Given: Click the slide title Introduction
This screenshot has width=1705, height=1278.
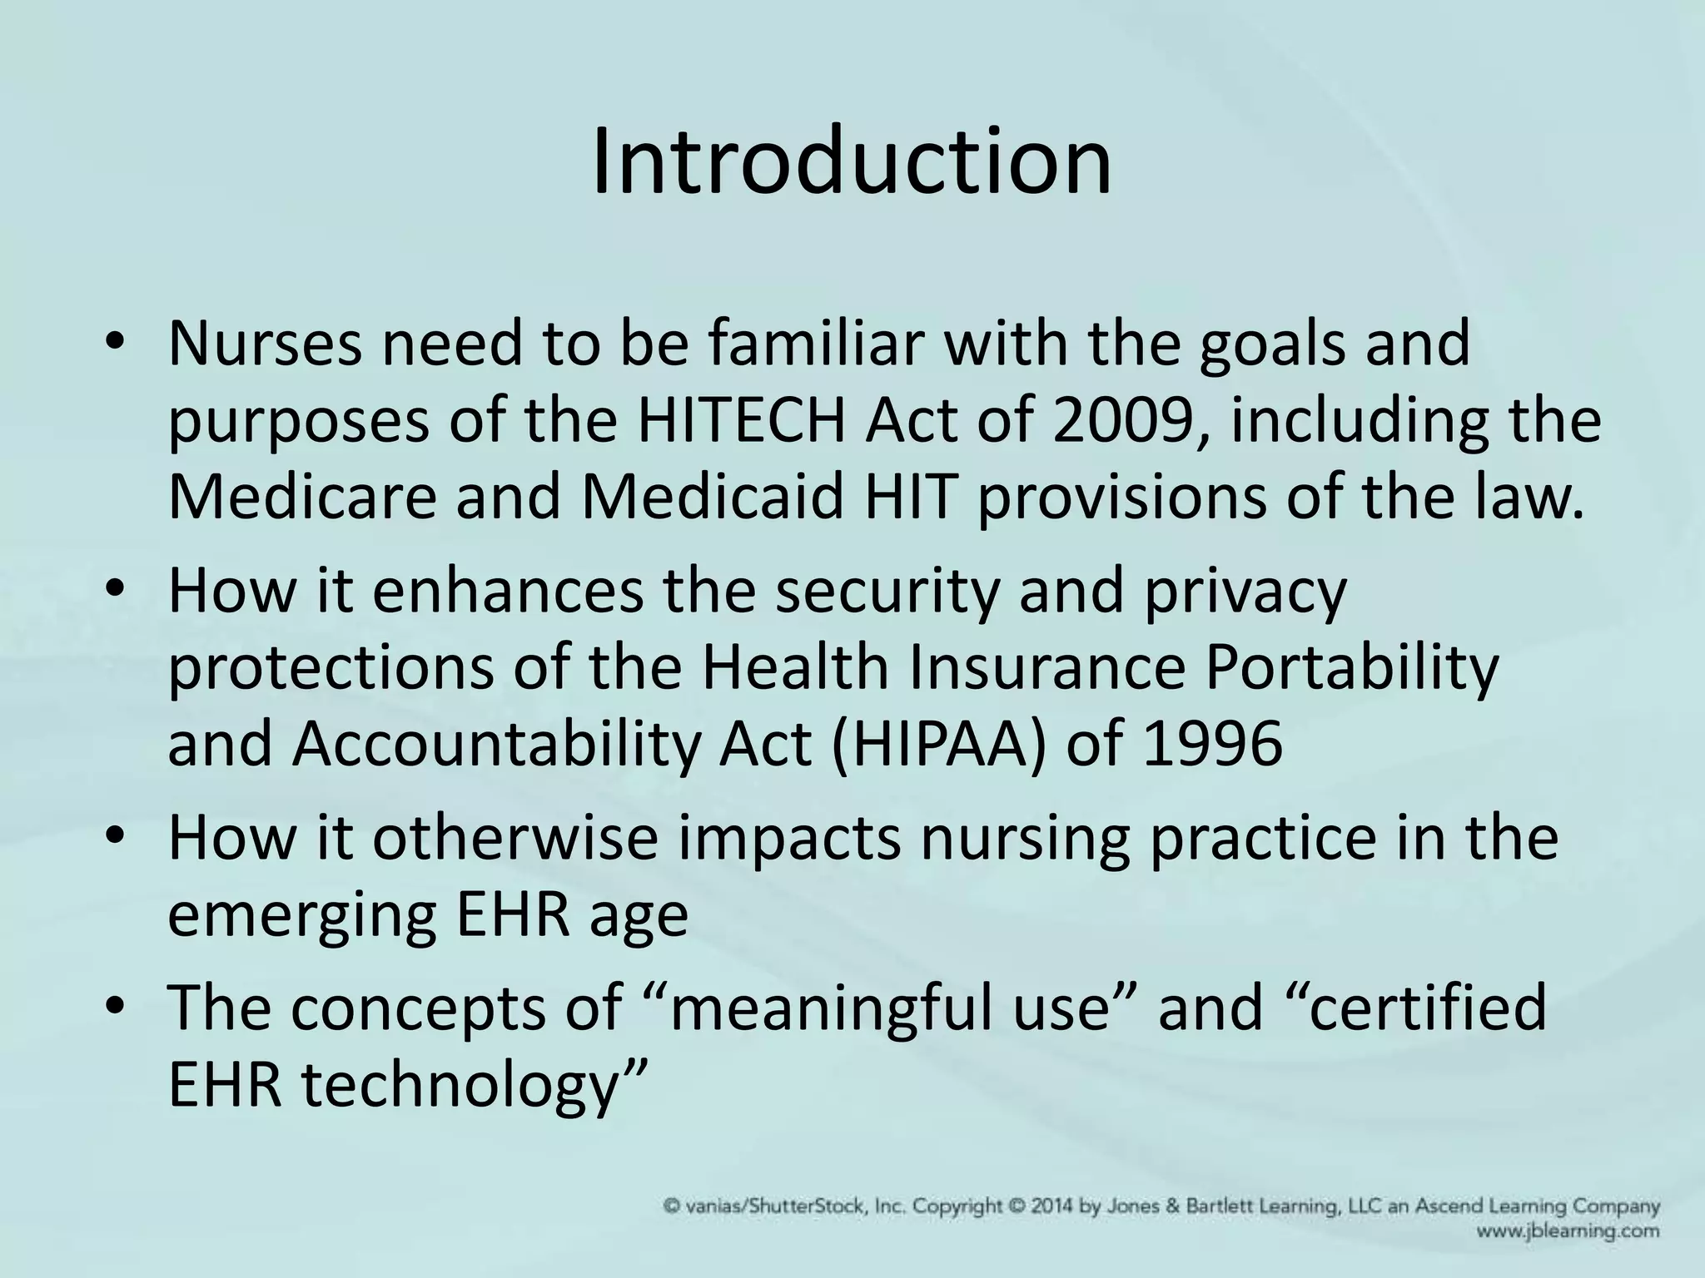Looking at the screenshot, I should pyautogui.click(x=851, y=160).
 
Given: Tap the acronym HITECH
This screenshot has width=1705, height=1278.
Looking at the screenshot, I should pyautogui.click(x=745, y=420).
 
